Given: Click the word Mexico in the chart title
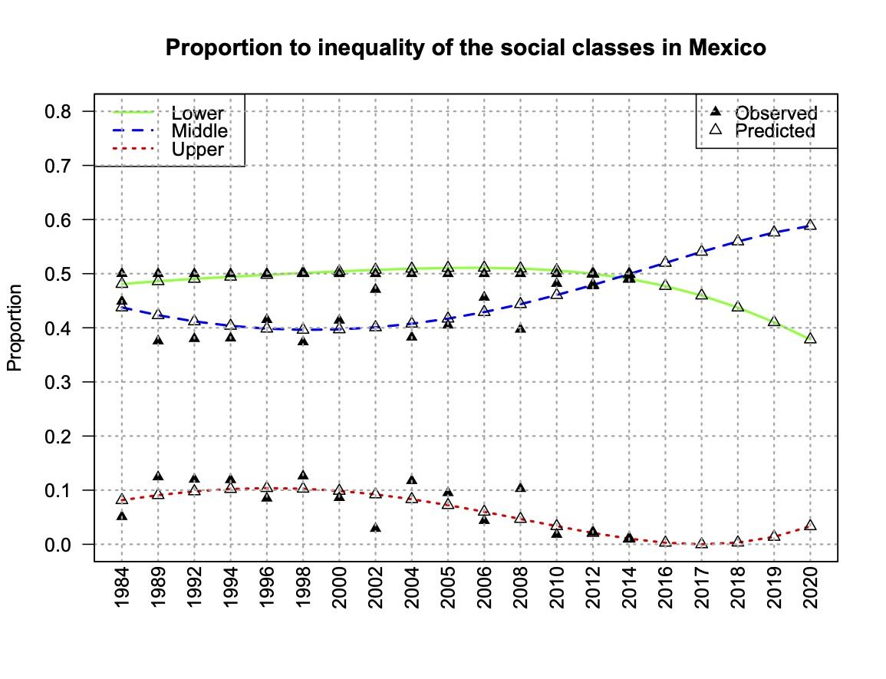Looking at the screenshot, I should pyautogui.click(x=725, y=48).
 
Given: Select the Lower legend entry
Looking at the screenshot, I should pyautogui.click(x=197, y=114).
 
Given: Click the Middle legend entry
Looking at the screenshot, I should pyautogui.click(x=199, y=130).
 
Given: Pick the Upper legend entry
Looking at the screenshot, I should pyautogui.click(x=197, y=149).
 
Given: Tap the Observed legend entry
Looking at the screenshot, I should pyautogui.click(x=776, y=114).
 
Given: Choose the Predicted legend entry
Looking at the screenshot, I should pyautogui.click(x=775, y=130).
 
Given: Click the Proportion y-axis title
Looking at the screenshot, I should pyautogui.click(x=15, y=328).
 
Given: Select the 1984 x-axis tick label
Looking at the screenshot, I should pyautogui.click(x=122, y=591).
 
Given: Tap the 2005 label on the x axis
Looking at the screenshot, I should pyautogui.click(x=449, y=591).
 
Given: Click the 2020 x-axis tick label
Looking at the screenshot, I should pyautogui.click(x=811, y=591).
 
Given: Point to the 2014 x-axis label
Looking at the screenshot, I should pyautogui.click(x=630, y=591).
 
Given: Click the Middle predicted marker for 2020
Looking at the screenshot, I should pyautogui.click(x=811, y=225).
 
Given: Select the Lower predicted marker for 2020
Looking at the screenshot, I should pyautogui.click(x=811, y=338).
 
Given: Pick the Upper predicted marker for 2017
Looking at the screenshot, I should pyautogui.click(x=702, y=542).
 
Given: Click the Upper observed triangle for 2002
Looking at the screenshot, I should pyautogui.click(x=376, y=528).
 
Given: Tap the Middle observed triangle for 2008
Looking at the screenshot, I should pyautogui.click(x=521, y=328).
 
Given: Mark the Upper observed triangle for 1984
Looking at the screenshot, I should pyautogui.click(x=122, y=516).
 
